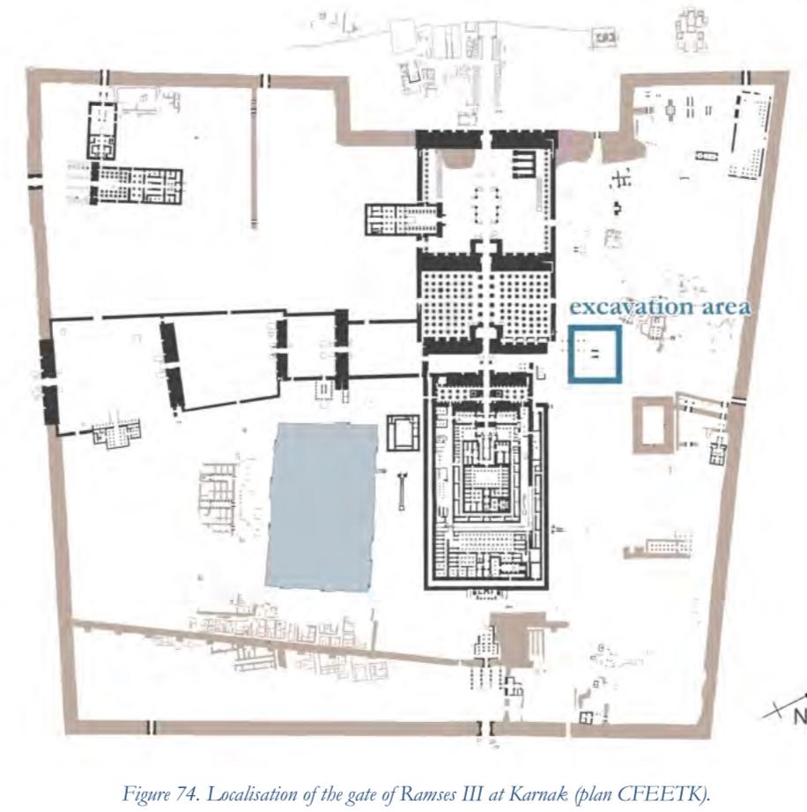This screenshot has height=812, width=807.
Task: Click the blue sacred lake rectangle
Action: coord(322,506)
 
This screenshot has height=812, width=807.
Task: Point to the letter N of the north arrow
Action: coord(800,716)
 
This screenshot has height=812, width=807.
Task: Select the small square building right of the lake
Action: coord(403,433)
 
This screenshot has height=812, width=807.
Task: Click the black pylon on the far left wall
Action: coord(48,381)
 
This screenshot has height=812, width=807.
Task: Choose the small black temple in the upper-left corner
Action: coord(101,130)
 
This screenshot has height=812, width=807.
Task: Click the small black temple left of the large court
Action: coord(404,220)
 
